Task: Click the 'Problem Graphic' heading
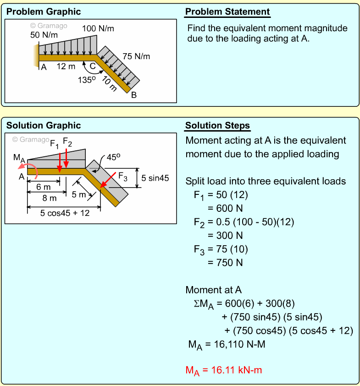coord(44,12)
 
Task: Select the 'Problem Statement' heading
coord(227,12)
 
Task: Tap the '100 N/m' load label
coord(98,28)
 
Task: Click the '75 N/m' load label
coord(136,56)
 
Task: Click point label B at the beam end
coord(134,95)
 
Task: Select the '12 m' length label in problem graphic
coord(66,67)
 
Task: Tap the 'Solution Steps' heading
coord(217,126)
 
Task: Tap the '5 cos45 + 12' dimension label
coord(65,213)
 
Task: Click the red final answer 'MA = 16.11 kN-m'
coord(223,370)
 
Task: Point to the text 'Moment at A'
coord(213,290)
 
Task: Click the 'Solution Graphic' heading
coord(44,126)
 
